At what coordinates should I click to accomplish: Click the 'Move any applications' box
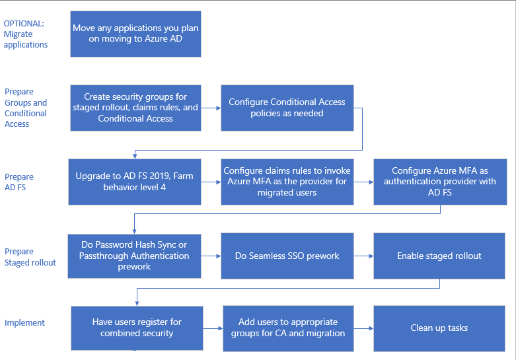tap(135, 34)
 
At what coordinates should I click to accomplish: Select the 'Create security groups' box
tap(135, 108)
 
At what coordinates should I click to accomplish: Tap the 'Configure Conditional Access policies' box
tap(287, 108)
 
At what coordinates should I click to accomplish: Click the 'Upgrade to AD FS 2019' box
tap(135, 182)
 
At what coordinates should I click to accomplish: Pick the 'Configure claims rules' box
tap(287, 182)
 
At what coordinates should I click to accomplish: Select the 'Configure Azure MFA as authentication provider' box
tap(439, 182)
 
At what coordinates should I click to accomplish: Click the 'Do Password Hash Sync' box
tap(135, 256)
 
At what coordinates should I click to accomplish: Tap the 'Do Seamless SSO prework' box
tap(287, 256)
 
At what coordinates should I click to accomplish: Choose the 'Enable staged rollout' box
tap(439, 256)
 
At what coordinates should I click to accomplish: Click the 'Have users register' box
tap(137, 328)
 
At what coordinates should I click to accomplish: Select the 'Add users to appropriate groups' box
tap(288, 328)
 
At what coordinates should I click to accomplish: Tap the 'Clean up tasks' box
tap(439, 328)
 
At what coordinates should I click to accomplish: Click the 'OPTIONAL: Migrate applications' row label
tap(26, 34)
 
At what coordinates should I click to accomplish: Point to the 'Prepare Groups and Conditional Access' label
tap(26, 108)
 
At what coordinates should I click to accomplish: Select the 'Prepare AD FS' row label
tap(19, 182)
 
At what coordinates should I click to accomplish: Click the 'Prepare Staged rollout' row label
tap(30, 256)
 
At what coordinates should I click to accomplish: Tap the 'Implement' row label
tap(24, 323)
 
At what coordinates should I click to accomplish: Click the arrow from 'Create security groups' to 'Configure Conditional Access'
tap(211, 108)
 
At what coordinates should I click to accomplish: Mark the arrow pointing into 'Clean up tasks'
tap(363, 328)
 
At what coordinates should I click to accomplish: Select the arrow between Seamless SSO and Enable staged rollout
tap(363, 256)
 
